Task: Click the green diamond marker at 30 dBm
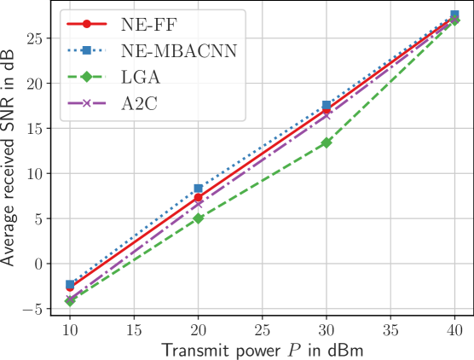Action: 327,142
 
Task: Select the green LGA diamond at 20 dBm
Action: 199,218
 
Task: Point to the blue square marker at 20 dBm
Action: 199,189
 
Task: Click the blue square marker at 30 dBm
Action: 327,106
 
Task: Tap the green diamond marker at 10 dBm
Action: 71,301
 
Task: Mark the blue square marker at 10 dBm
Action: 71,284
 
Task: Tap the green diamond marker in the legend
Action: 86,79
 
